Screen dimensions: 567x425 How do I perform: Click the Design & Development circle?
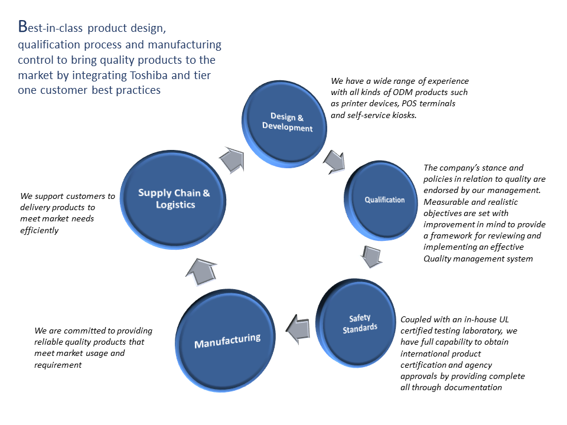tap(285, 123)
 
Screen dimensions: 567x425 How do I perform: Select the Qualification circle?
tap(381, 201)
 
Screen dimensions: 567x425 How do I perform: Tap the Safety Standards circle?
tap(356, 323)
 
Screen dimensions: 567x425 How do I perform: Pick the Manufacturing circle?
tap(226, 341)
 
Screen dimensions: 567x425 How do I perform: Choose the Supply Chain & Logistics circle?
tap(173, 200)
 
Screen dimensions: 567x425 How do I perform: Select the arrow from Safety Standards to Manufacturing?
tap(298, 329)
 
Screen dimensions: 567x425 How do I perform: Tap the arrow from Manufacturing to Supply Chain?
tap(201, 272)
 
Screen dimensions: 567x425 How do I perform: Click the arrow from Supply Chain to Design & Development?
tap(232, 159)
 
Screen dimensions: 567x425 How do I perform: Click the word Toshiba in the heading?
tap(149, 75)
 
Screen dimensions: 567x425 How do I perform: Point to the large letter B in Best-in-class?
tap(23, 27)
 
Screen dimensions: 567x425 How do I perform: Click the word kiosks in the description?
tap(404, 115)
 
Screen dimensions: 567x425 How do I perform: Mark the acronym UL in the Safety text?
tap(504, 319)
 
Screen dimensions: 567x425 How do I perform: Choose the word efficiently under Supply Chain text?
tap(39, 230)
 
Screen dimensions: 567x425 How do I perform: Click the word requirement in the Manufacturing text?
tap(58, 365)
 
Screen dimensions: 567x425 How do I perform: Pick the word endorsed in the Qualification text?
tap(440, 190)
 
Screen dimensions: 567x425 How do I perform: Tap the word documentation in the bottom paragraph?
tap(473, 387)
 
